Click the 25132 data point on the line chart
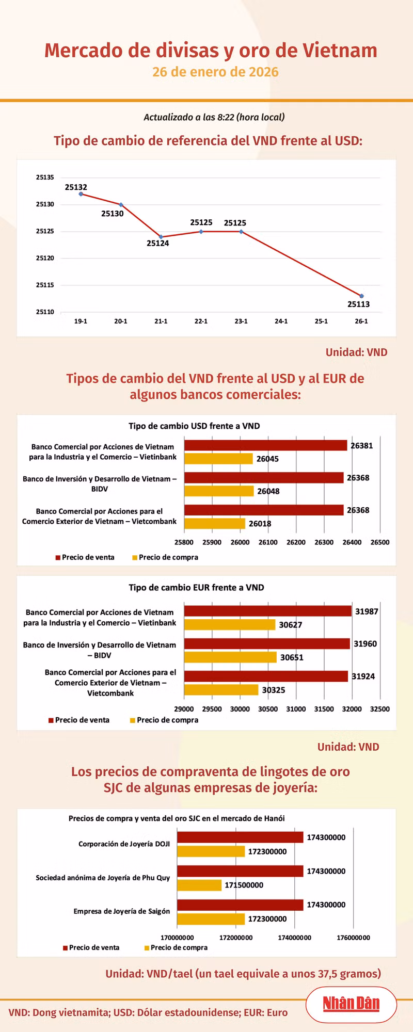click(81, 194)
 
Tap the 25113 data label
click(358, 304)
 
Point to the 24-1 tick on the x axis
click(281, 321)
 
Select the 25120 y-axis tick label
click(45, 258)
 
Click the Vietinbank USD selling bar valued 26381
click(265, 445)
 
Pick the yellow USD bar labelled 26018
click(215, 524)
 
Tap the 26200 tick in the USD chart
click(296, 542)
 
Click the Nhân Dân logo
click(351, 1004)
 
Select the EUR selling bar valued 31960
click(267, 644)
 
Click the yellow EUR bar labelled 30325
click(221, 690)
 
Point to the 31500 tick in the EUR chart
click(324, 709)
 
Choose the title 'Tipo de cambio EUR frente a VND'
click(196, 588)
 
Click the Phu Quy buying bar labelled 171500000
click(199, 885)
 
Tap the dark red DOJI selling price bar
click(240, 837)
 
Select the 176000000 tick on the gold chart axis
click(353, 938)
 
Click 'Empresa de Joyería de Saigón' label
click(122, 911)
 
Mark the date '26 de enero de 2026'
click(215, 72)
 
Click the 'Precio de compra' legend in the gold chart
click(179, 947)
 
